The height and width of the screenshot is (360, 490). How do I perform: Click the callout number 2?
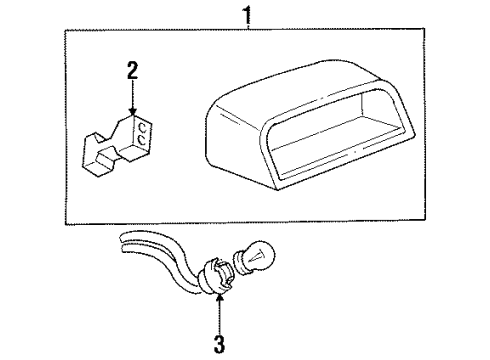pos(132,72)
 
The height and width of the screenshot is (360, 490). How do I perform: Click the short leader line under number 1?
pos(247,26)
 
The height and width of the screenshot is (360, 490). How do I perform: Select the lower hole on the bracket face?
pos(146,142)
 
